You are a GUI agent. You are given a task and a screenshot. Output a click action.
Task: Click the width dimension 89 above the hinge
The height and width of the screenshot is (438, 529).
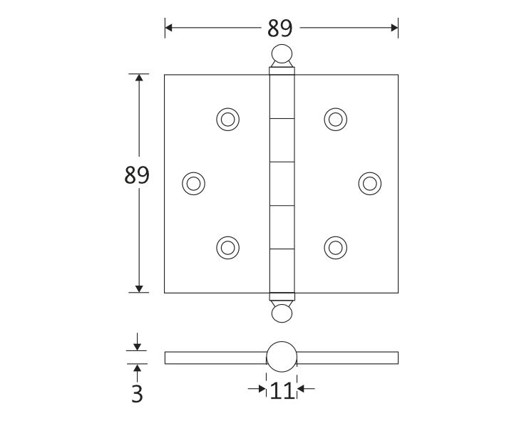280,28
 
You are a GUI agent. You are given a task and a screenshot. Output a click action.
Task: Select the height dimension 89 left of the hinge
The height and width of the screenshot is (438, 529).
137,175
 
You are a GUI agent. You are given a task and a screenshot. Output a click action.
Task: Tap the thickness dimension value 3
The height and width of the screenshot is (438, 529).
137,393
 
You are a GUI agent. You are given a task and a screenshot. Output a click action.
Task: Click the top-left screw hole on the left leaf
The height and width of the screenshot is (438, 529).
227,119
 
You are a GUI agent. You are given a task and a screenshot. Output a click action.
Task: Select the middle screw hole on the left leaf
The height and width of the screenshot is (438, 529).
192,183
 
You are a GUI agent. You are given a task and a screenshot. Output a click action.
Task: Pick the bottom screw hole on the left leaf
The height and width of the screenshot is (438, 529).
227,247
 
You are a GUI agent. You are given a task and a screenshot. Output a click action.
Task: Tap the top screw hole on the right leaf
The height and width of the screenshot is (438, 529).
335,119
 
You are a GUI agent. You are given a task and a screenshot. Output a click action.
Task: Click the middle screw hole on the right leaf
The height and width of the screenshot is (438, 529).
369,183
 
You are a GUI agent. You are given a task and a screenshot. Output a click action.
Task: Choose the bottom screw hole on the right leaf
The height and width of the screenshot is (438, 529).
335,247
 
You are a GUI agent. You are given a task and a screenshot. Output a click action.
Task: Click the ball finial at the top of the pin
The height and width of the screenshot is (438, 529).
281,54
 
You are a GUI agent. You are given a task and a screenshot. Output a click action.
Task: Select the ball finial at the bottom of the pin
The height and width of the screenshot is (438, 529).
281,313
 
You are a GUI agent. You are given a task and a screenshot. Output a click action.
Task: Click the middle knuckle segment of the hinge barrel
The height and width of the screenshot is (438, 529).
281,183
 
